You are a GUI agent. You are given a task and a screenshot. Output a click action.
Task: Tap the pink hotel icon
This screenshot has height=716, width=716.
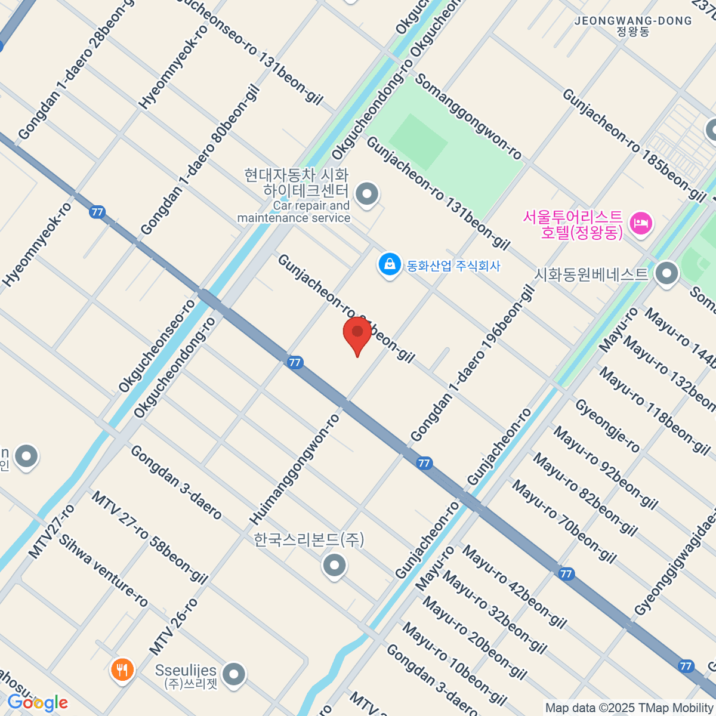(641, 225)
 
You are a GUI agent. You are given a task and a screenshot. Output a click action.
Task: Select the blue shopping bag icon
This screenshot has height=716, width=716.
(390, 264)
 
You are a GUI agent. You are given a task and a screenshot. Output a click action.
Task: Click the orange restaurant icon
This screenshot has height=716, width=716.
(122, 669)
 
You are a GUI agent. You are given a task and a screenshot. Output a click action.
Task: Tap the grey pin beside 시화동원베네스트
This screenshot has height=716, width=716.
(666, 274)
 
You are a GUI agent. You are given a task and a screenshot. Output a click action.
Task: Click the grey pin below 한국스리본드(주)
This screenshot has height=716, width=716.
(334, 564)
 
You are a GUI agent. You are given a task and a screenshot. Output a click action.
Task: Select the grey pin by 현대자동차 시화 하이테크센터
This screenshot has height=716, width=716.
(366, 194)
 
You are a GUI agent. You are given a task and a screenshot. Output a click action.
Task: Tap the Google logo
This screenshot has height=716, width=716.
(38, 703)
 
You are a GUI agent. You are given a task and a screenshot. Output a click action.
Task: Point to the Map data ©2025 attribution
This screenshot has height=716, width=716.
(629, 708)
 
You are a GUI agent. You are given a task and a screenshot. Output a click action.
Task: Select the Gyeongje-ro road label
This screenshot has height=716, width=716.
(607, 426)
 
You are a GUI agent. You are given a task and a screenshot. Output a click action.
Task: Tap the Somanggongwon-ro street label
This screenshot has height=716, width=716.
(468, 116)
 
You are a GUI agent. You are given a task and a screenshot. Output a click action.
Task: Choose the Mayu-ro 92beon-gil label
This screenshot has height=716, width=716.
(605, 467)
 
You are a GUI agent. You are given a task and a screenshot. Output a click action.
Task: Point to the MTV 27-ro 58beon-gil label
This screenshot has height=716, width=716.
(149, 537)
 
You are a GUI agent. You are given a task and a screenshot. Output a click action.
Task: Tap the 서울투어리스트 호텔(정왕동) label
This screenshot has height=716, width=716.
(573, 224)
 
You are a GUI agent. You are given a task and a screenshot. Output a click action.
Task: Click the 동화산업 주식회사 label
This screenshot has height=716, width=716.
(453, 266)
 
